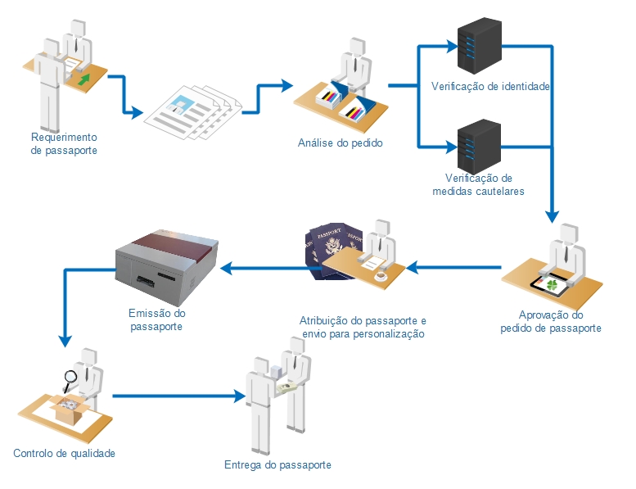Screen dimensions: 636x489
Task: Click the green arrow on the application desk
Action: tap(84, 79)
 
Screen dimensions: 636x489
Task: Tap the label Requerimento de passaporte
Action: tap(64, 143)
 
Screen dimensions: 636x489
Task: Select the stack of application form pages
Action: tap(193, 112)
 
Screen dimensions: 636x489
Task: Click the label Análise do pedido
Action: tap(341, 143)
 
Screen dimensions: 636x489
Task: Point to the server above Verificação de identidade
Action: tap(479, 45)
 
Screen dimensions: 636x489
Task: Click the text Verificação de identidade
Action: tap(490, 87)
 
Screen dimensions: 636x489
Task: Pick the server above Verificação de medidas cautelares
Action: tap(479, 146)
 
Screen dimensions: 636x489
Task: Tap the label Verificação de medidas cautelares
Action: tap(479, 184)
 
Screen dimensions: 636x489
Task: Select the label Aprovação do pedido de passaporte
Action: tap(551, 321)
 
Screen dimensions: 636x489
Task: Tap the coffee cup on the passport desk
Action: tap(381, 276)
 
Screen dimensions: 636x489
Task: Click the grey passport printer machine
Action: tap(167, 267)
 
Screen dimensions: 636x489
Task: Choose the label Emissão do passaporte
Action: tap(156, 319)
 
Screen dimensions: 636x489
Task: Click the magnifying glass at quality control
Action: tap(70, 380)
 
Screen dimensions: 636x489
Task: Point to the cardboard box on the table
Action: tap(70, 409)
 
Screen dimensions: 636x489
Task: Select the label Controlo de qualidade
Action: tap(64, 453)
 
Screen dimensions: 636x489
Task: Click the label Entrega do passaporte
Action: tap(277, 464)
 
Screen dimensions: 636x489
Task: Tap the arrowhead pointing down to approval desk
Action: tap(552, 217)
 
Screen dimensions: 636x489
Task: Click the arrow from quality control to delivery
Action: tap(179, 396)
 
